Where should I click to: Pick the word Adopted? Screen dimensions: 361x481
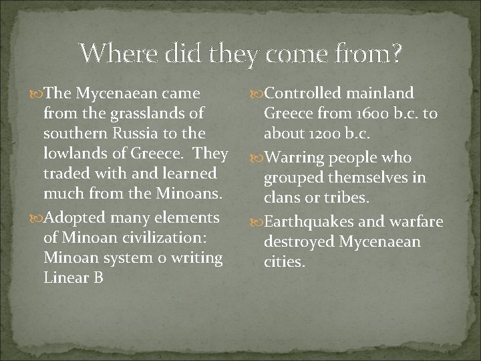click(x=80, y=218)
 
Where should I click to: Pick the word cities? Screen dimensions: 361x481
click(x=285, y=262)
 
